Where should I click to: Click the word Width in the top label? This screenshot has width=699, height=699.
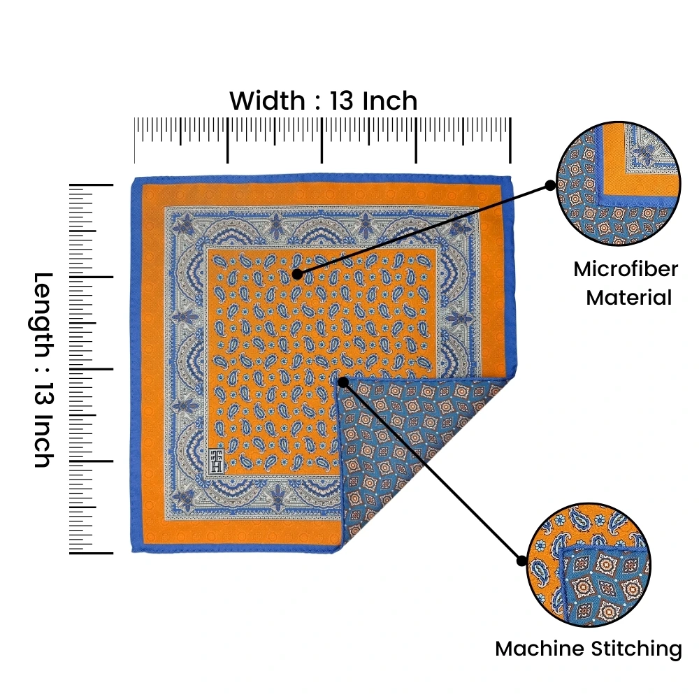click(267, 101)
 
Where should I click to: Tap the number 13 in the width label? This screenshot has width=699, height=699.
click(342, 101)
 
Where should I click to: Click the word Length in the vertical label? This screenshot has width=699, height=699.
click(43, 315)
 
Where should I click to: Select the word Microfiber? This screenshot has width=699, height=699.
click(626, 269)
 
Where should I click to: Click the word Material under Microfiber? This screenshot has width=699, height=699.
click(628, 297)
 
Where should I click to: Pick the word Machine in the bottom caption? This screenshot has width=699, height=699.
click(540, 649)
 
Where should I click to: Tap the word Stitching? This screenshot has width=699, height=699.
click(635, 649)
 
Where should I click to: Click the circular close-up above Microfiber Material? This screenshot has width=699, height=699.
click(619, 183)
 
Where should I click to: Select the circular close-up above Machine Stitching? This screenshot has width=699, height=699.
click(589, 565)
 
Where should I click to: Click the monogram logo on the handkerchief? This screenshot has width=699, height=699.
click(217, 460)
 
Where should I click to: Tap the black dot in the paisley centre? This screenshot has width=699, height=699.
click(297, 274)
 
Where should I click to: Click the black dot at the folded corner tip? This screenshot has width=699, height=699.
click(343, 382)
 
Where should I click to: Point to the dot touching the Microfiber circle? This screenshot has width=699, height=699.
click(551, 185)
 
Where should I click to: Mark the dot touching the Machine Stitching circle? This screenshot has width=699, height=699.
click(521, 561)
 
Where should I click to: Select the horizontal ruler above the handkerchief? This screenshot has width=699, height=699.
click(322, 140)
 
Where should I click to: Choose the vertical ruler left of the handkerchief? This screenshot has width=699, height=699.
click(91, 369)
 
